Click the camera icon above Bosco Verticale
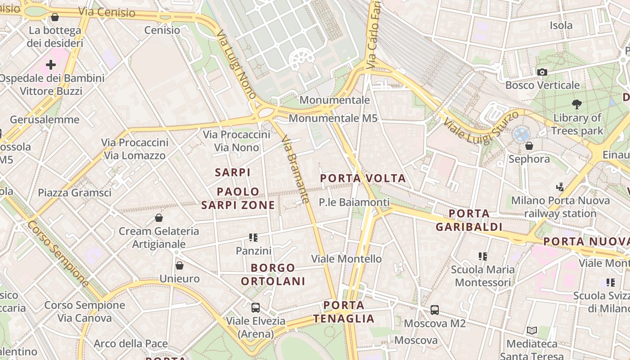coord(542,72)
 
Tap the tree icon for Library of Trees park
coord(577,104)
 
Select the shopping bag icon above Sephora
coord(529,146)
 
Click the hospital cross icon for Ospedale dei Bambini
coord(51,65)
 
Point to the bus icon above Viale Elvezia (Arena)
coord(255,308)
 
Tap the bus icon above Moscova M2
coord(434,310)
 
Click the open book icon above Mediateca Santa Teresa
coord(532,331)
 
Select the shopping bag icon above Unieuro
coord(179,265)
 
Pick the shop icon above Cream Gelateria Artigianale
coord(158,218)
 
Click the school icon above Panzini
coord(253,237)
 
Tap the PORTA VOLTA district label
coord(363,178)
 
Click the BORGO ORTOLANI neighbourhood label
coord(273,274)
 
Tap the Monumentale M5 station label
coord(333,118)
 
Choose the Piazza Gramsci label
coord(74,193)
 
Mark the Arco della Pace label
coord(130,344)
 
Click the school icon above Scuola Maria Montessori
coord(483,256)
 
